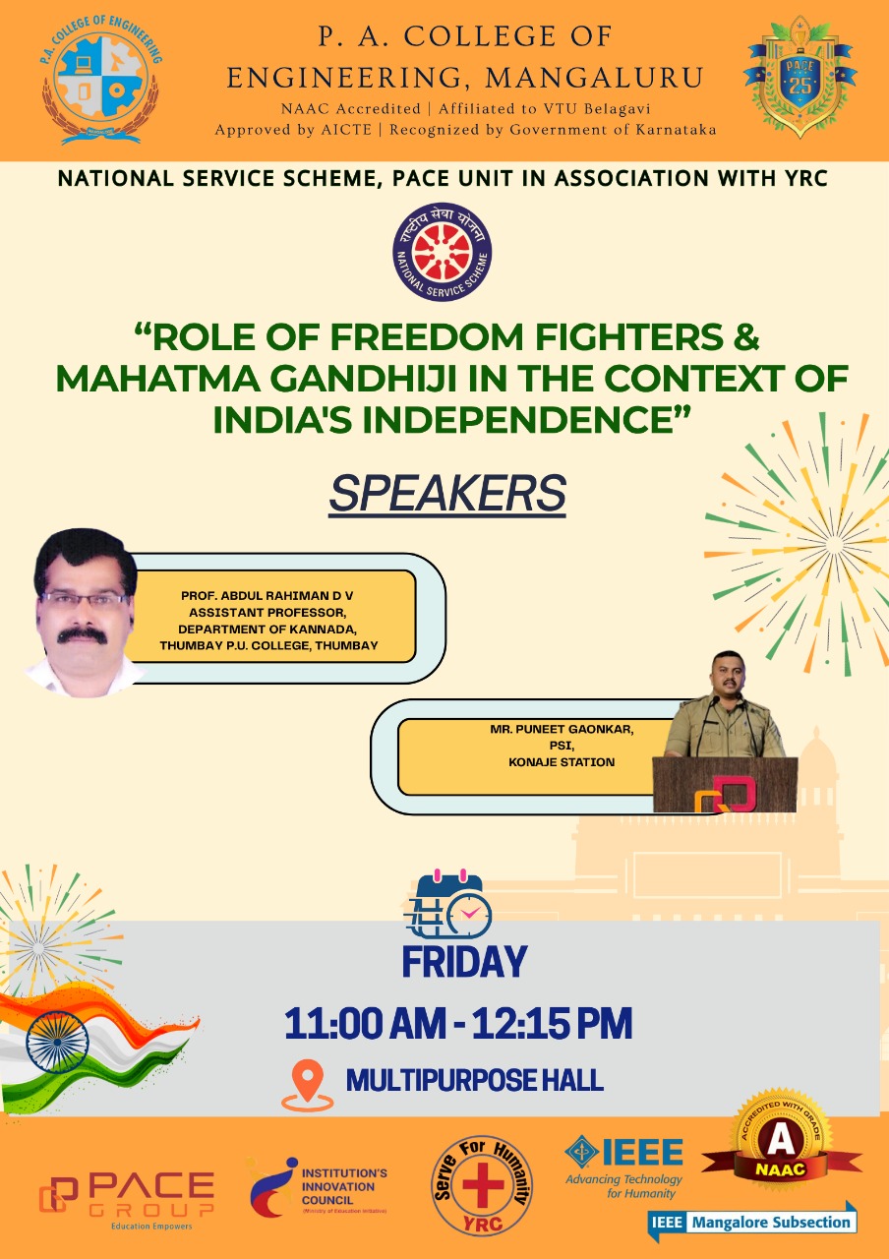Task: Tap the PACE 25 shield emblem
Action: pos(800,77)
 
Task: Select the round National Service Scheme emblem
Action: pos(443,252)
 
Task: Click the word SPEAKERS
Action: pos(447,493)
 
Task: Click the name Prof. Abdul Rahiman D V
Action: pos(267,596)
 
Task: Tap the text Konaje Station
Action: pos(562,762)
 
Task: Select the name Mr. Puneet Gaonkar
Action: pos(562,730)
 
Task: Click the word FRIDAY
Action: pos(465,961)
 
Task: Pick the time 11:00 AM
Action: pos(365,1024)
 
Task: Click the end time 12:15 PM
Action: pos(552,1024)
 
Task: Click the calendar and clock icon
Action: pos(447,904)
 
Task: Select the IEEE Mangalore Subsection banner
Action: pos(752,1221)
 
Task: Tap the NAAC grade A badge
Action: pos(781,1151)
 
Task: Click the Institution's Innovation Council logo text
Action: pos(344,1186)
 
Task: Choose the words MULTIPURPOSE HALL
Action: pos(475,1080)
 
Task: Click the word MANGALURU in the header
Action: pos(595,78)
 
